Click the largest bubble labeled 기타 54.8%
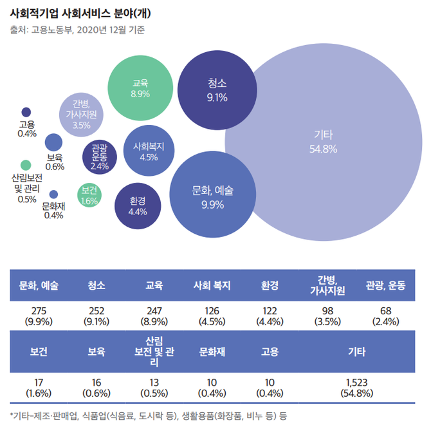point(322,142)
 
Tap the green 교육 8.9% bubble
point(140,88)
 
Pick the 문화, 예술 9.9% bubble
point(212,196)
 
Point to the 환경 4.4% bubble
point(138,206)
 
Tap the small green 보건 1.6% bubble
point(89,195)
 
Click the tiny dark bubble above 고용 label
point(26,112)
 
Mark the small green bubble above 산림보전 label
point(26,165)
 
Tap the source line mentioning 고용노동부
point(78,30)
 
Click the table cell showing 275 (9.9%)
point(38,316)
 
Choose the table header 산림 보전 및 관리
point(154,352)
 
